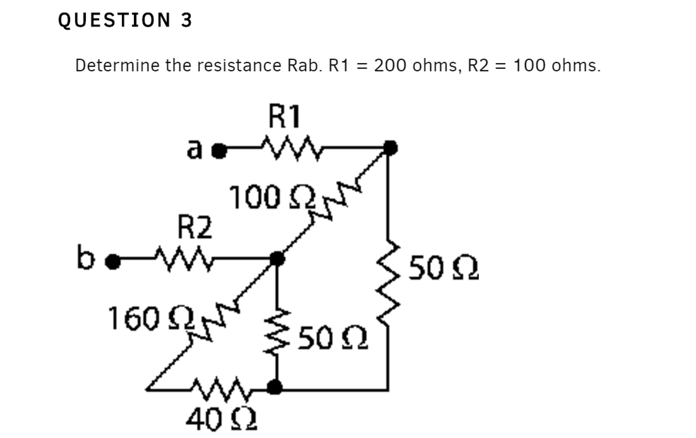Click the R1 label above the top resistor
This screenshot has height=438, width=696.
284,116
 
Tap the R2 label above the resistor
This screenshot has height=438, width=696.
195,227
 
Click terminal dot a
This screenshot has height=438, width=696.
219,151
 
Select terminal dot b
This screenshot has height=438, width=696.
113,262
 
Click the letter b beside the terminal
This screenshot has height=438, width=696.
85,257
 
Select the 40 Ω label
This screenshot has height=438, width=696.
221,420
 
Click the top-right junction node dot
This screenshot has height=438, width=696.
390,148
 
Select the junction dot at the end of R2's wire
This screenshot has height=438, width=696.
277,259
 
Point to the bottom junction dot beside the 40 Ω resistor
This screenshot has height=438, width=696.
274,387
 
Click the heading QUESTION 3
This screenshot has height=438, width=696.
125,20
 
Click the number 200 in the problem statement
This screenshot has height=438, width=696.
390,65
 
